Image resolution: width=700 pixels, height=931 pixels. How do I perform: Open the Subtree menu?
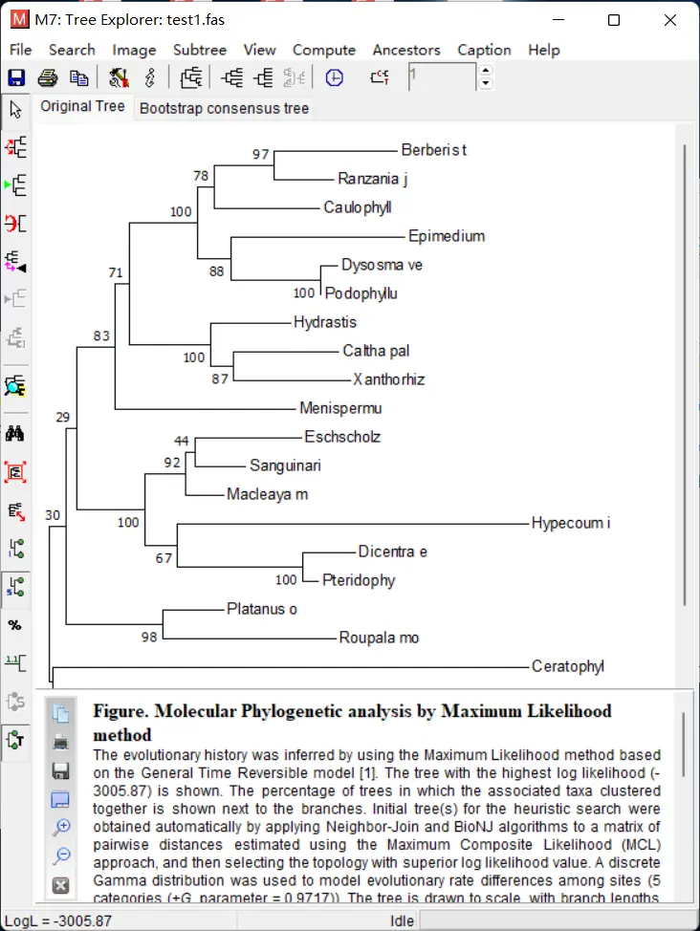pyautogui.click(x=199, y=50)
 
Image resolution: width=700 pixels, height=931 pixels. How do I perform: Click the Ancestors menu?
pyautogui.click(x=406, y=50)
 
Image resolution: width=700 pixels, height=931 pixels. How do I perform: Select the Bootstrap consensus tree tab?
pyautogui.click(x=224, y=108)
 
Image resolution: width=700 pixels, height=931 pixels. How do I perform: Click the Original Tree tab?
pyautogui.click(x=82, y=106)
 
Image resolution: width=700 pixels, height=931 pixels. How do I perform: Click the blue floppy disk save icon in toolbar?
pyautogui.click(x=16, y=78)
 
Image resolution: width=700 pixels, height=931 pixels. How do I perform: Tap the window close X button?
pyautogui.click(x=671, y=20)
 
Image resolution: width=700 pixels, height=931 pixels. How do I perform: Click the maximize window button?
pyautogui.click(x=614, y=20)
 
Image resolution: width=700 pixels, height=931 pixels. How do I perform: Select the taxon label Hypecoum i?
pyautogui.click(x=570, y=523)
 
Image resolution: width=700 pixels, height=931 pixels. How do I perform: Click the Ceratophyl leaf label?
pyautogui.click(x=568, y=666)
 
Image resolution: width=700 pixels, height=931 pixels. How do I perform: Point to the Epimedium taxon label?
pyautogui.click(x=447, y=236)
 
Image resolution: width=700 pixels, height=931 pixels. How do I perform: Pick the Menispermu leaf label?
pyautogui.click(x=340, y=408)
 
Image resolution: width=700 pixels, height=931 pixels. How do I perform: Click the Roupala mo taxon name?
pyautogui.click(x=379, y=638)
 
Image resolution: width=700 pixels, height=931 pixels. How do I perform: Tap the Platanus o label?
pyautogui.click(x=263, y=609)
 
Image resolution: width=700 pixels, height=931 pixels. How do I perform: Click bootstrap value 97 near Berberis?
pyautogui.click(x=261, y=154)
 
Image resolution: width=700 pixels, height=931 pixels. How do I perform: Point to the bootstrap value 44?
pyautogui.click(x=182, y=441)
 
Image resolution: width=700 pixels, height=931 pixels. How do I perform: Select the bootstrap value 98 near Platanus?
pyautogui.click(x=148, y=638)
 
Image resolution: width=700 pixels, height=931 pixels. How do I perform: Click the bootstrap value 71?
pyautogui.click(x=116, y=273)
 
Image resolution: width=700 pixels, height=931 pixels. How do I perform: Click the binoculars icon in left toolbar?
pyautogui.click(x=15, y=433)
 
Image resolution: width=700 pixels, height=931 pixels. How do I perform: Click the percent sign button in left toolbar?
pyautogui.click(x=15, y=625)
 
